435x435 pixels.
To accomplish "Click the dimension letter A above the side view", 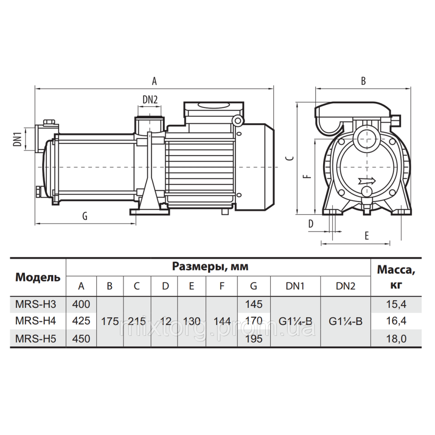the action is click(x=154, y=81).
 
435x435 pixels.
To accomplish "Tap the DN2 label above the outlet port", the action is click(x=150, y=100).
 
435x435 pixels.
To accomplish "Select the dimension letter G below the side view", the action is click(x=85, y=216).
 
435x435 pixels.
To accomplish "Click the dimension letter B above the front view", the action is click(x=363, y=81).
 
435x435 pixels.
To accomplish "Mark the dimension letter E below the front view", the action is click(x=367, y=236).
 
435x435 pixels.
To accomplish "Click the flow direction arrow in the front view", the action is click(x=367, y=181).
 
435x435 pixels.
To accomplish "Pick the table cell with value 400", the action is click(x=81, y=304).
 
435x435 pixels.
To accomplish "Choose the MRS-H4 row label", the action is click(x=36, y=321).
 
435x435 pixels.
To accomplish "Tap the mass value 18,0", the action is click(x=396, y=339).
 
